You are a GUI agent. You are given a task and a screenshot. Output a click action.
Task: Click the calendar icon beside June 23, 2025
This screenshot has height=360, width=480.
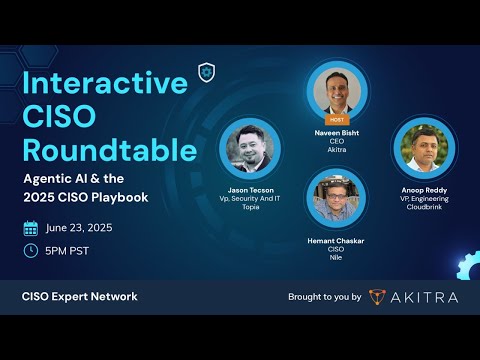point(31,227)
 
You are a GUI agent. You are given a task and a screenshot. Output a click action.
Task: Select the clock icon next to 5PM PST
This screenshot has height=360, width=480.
point(31,250)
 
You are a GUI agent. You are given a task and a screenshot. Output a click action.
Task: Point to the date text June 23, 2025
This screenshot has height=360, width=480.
point(81,227)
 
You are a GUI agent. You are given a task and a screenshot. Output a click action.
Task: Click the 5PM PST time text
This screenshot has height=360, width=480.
point(68,250)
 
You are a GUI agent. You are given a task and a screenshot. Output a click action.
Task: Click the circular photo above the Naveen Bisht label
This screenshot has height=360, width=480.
point(336,92)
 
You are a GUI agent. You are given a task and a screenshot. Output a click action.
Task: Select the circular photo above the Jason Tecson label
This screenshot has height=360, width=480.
point(249,149)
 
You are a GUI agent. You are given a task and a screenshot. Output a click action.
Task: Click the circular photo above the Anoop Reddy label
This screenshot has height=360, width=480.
point(422,148)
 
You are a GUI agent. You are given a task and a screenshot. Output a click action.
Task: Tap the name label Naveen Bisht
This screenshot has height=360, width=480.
point(336,131)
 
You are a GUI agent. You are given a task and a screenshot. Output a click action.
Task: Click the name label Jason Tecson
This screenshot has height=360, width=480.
point(249,188)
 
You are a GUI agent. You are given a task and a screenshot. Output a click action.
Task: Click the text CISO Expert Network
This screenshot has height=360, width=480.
point(80,296)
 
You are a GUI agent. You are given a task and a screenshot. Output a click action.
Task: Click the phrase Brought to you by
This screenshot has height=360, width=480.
point(324,297)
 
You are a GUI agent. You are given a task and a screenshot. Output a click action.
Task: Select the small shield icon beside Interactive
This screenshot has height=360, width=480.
point(207,71)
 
